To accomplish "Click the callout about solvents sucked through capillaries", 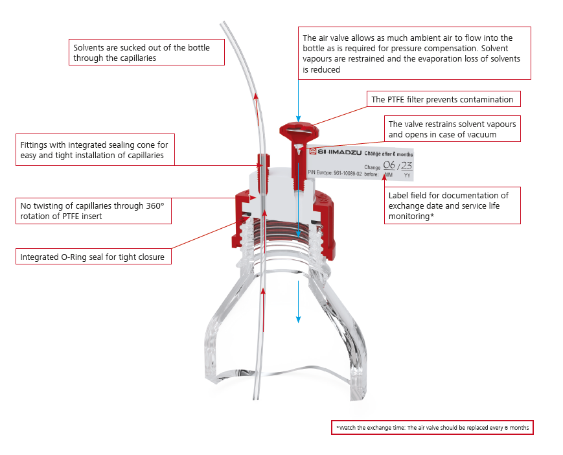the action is point(146,52).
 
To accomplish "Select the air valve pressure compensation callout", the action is point(415,53).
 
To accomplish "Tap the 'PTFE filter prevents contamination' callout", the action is point(443,99).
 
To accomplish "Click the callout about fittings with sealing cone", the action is point(95,150).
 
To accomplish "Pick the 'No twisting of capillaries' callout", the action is point(93,211).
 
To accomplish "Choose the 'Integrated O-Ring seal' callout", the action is point(93,257).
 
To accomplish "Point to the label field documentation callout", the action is point(452,205).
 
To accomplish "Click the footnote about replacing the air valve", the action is point(432,427).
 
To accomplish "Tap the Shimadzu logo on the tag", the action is point(336,152).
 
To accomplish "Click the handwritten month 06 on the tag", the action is point(389,165).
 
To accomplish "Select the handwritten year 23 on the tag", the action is point(406,165).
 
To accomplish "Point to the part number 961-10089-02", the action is point(347,173).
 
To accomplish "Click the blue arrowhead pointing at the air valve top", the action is point(298,119).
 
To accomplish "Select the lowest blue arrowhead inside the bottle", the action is point(298,320).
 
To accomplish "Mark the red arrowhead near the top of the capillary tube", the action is point(256,96).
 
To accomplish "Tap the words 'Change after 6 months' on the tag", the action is point(389,154).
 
